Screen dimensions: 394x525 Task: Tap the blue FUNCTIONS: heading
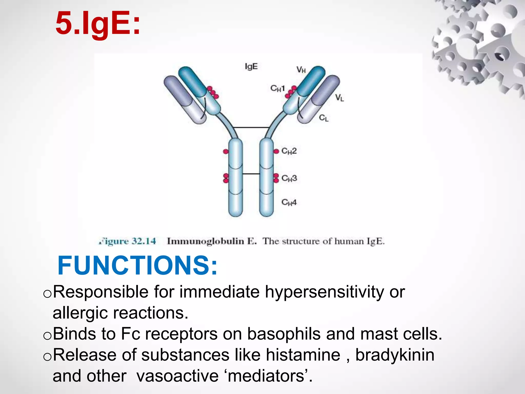click(138, 265)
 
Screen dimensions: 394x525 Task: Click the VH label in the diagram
click(301, 70)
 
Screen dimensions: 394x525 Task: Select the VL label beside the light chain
click(340, 97)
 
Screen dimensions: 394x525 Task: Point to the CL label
click(324, 118)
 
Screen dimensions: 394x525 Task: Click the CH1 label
click(278, 88)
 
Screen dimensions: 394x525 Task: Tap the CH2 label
click(289, 151)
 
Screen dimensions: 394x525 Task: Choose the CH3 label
click(289, 178)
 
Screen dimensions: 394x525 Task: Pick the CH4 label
click(289, 202)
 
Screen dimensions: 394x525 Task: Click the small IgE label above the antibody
click(251, 67)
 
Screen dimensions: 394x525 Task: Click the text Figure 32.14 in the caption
click(127, 241)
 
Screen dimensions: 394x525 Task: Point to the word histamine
click(303, 355)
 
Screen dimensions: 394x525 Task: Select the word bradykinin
click(395, 355)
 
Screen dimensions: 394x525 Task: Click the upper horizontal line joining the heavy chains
click(251, 127)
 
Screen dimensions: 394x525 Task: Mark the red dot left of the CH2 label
click(276, 151)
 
